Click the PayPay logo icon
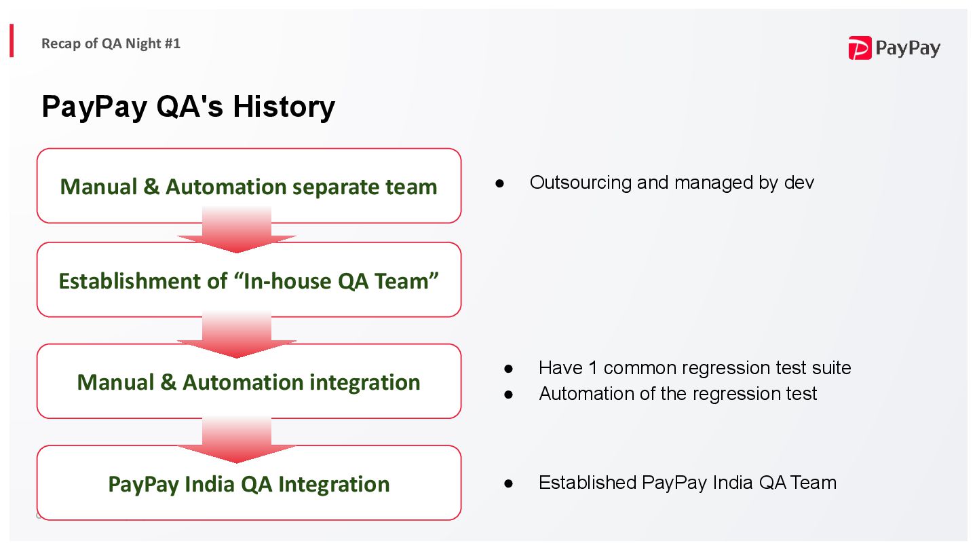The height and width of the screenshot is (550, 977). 860,48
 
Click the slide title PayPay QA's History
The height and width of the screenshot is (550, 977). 188,107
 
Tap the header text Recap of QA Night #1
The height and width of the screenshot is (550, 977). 111,43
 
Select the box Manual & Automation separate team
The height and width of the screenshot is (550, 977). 248,186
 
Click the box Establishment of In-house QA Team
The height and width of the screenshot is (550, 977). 248,280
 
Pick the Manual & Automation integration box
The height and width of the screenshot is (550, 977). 248,382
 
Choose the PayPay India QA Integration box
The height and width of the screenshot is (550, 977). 248,483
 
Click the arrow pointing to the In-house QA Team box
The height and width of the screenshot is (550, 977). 237,231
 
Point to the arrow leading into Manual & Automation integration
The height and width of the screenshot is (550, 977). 237,335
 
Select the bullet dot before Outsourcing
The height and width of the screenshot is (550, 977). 500,183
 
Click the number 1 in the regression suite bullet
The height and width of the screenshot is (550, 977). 592,368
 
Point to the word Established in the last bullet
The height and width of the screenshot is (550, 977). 588,483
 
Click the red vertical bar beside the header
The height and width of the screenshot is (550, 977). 12,41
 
